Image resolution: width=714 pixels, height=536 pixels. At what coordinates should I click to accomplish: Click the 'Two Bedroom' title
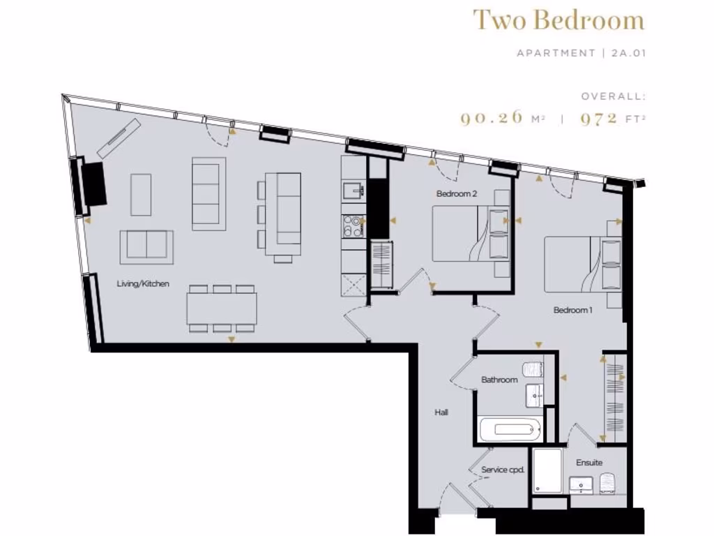[x=558, y=20]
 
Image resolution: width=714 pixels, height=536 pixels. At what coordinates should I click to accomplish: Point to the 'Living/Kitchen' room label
[x=143, y=284]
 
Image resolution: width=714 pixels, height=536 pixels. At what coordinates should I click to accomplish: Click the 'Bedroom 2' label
[x=457, y=193]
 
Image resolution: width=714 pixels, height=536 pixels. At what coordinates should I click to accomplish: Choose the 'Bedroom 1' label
[x=572, y=310]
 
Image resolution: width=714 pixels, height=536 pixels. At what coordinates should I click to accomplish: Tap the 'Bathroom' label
[x=499, y=380]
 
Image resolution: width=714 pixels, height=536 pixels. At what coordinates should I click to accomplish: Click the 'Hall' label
[x=441, y=412]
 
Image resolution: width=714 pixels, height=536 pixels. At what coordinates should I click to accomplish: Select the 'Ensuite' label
[x=588, y=462]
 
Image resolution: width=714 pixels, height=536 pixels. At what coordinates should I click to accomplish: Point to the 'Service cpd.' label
[x=502, y=470]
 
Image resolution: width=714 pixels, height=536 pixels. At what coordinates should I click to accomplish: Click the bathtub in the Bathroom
[x=510, y=429]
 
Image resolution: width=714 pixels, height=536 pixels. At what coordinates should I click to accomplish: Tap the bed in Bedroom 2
[x=464, y=234]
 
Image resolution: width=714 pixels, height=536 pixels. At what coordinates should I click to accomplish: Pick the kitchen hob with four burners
[x=353, y=227]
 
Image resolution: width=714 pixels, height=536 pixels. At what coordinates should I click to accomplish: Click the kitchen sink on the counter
[x=354, y=190]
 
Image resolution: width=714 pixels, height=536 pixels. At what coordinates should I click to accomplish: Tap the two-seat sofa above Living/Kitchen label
[x=146, y=247]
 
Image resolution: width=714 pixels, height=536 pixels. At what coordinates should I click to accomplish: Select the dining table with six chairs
[x=222, y=308]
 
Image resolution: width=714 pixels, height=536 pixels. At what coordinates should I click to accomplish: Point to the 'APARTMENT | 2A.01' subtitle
[x=581, y=53]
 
